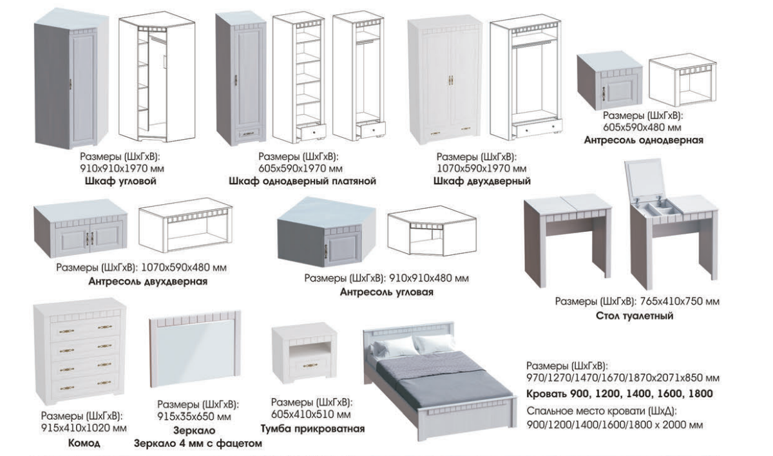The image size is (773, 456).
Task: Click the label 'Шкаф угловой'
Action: tap(120, 181)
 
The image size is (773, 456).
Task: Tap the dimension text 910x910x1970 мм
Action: tap(122, 169)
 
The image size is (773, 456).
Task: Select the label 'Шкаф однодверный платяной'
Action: tap(303, 181)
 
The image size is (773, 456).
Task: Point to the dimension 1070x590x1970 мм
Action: tap(482, 169)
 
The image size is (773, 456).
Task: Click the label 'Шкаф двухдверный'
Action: tap(482, 181)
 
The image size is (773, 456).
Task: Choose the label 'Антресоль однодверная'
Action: tap(644, 140)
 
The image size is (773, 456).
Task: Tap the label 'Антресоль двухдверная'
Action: tap(148, 281)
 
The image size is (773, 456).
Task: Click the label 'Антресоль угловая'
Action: tap(386, 292)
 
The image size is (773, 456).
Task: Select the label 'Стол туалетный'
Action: tap(635, 316)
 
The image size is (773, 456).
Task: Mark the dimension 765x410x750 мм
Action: tap(680, 301)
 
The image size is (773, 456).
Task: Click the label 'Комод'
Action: tap(84, 443)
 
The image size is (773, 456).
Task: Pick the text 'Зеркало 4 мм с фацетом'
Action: tap(198, 443)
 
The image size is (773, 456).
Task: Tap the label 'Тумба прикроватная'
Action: tap(312, 429)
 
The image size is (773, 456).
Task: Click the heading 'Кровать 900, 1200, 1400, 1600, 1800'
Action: tap(620, 394)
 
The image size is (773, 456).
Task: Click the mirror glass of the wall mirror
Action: tap(195, 352)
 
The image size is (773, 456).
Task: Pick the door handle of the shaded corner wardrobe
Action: tap(71, 84)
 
